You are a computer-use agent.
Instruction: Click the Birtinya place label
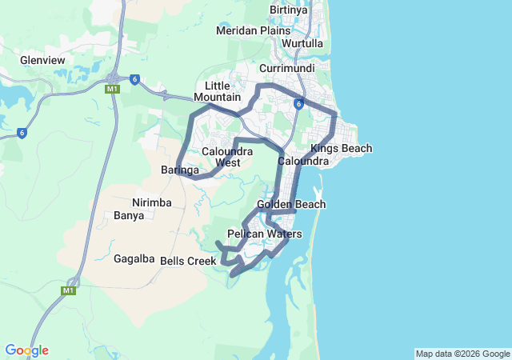(x=289, y=10)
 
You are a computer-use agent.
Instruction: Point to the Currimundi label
(x=286, y=69)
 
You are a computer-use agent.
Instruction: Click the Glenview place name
(x=43, y=59)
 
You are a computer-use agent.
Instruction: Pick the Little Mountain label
(x=222, y=91)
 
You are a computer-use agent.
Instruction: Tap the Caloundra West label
(x=227, y=157)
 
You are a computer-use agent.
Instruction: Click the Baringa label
(x=179, y=170)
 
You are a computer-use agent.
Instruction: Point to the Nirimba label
(x=152, y=202)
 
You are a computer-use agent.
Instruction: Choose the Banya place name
(x=129, y=215)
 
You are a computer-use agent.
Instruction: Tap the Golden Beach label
(x=291, y=204)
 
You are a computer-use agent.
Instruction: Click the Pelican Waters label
(x=265, y=234)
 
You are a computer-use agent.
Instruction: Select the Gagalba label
(x=134, y=259)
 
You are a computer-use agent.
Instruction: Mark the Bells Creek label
(x=188, y=261)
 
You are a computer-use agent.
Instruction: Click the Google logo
(x=26, y=350)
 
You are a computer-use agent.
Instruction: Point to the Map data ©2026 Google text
(x=462, y=354)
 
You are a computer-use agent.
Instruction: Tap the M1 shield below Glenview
(x=112, y=89)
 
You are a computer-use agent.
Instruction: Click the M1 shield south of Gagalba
(x=67, y=291)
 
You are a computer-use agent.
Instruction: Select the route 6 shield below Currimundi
(x=297, y=104)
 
